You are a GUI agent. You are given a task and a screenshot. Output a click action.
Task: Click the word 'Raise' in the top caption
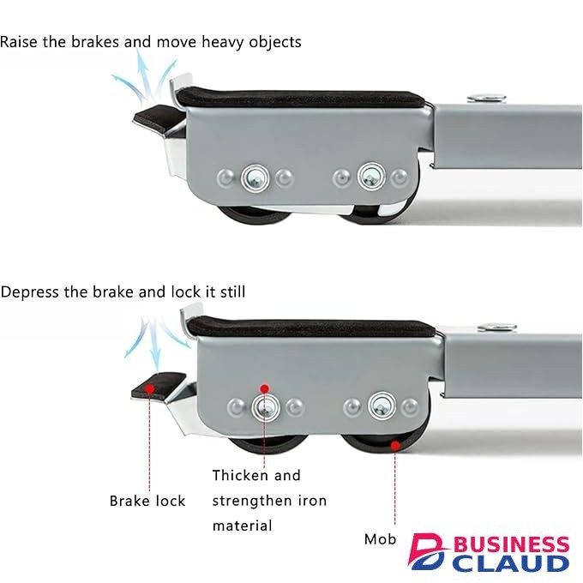pos(19,42)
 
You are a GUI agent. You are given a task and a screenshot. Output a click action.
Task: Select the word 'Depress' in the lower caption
pos(30,292)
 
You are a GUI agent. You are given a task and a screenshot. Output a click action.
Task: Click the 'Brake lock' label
pos(147,501)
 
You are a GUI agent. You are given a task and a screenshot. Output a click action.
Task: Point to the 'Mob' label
pos(380,538)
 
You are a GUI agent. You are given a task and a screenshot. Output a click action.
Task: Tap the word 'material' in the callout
pos(242,526)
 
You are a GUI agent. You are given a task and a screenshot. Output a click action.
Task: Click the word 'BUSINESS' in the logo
pos(511,545)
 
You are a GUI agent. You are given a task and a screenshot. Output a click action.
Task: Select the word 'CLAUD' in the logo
pos(510,564)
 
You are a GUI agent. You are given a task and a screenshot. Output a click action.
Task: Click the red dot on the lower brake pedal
pos(150,389)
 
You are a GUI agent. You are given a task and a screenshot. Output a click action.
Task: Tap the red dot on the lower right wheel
pos(395,445)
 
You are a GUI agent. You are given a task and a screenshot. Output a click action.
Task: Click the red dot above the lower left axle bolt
pos(264,389)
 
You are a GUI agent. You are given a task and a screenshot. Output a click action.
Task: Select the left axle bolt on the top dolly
pos(255,178)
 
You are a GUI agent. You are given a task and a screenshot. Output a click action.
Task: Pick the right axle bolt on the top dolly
pos(371,176)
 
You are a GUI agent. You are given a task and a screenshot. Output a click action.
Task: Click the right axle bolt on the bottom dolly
pos(382,406)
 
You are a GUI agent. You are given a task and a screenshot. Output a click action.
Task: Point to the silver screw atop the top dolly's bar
pos(486,98)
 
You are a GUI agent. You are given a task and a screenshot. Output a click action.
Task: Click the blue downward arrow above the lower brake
pos(155,343)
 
